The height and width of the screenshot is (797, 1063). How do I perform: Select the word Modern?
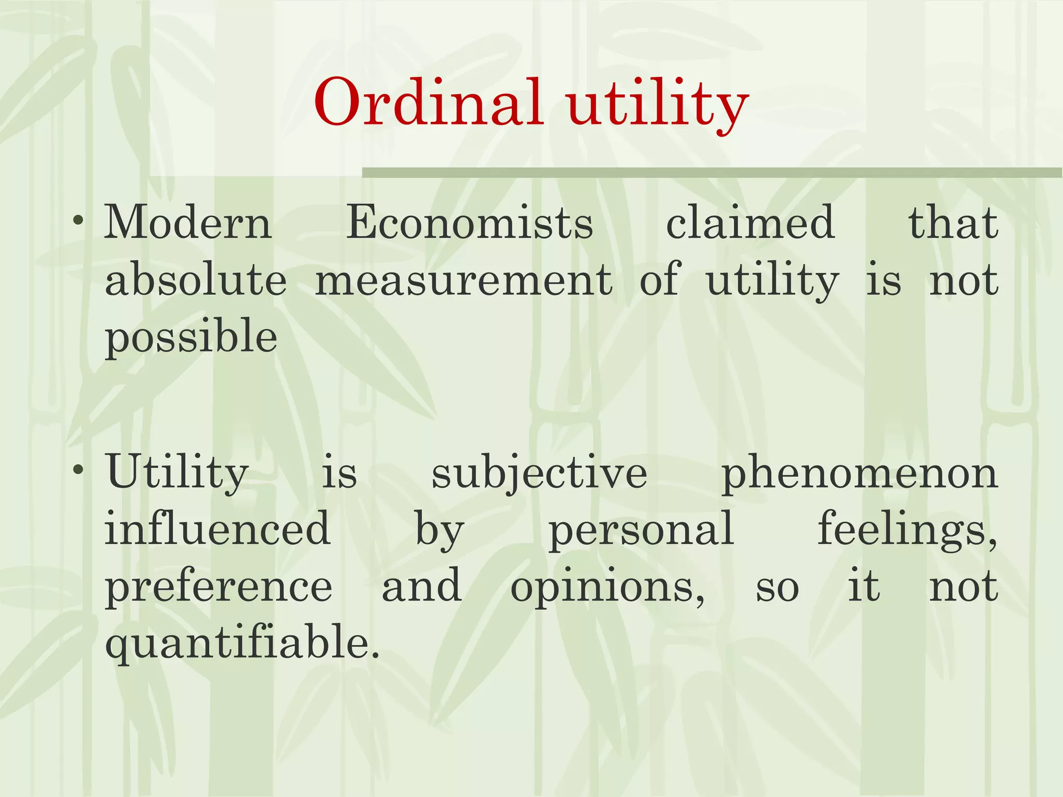188,223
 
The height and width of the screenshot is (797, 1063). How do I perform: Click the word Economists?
470,223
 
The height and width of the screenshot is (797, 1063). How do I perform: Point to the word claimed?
750,223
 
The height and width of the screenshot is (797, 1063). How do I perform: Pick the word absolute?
196,280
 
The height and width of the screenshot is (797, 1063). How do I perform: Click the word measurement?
464,280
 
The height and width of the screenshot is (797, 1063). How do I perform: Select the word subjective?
539,475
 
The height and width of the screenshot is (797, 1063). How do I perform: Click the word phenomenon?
860,475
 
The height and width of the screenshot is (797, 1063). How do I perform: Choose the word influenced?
217,529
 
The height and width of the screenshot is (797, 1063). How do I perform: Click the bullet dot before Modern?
78,221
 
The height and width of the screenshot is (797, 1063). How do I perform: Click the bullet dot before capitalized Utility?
78,470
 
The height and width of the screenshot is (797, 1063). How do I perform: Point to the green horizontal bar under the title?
712,173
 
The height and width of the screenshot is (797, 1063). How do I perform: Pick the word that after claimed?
953,223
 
